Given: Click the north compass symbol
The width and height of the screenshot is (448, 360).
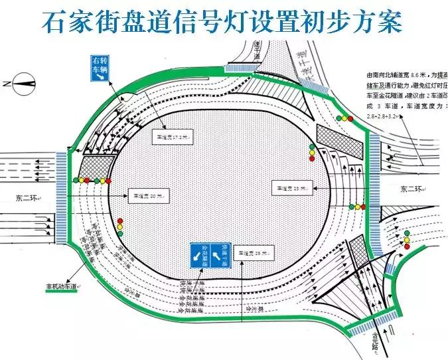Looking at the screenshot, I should (23, 84).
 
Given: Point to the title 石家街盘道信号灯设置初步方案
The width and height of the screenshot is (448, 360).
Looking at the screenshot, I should (222, 23).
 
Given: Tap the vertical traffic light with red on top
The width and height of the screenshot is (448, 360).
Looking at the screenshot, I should (119, 227).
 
